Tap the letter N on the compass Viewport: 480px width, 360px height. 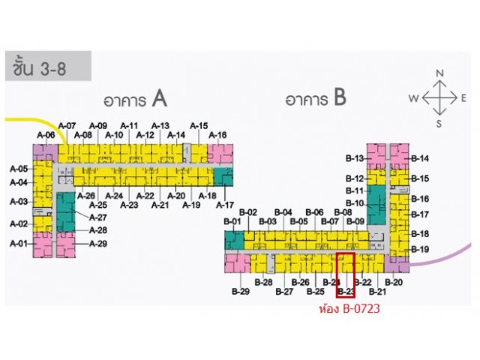(x=440, y=73)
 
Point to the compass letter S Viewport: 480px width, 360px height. (x=440, y=124)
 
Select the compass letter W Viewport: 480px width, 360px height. (x=413, y=98)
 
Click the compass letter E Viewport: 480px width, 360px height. (x=465, y=98)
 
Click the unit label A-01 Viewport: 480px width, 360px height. (x=19, y=243)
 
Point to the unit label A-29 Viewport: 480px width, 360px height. (x=98, y=244)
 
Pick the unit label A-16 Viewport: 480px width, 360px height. (x=217, y=136)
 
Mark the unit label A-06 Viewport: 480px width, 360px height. (x=46, y=136)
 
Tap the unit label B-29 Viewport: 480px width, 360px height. (x=240, y=291)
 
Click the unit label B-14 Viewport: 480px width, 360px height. (x=420, y=158)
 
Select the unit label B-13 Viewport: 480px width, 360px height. (x=355, y=158)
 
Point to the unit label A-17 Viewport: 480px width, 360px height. (x=225, y=205)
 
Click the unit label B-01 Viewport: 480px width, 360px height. (x=232, y=222)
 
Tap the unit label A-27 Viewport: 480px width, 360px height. (x=98, y=217)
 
